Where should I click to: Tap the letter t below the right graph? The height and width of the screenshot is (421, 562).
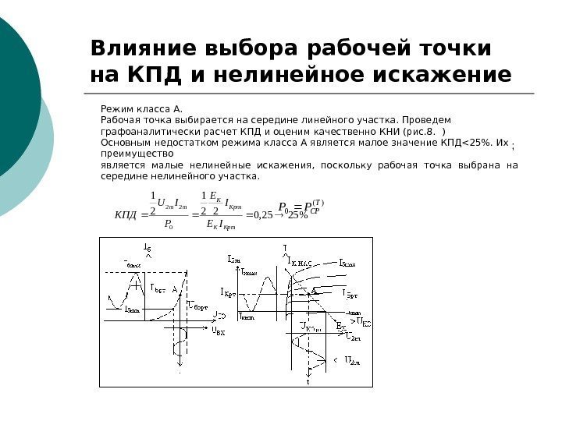[308, 383]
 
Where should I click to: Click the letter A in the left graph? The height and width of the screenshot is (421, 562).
[176, 288]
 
